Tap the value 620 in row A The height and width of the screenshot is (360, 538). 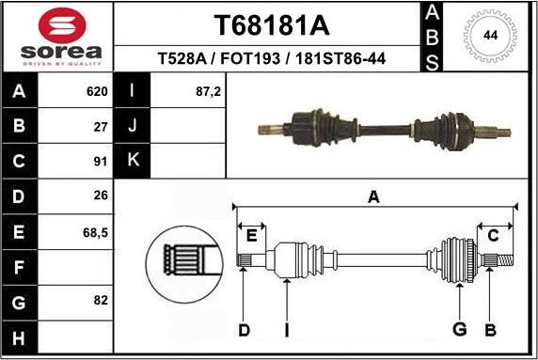96,91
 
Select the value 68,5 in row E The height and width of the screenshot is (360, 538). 94,231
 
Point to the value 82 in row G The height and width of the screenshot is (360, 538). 101,301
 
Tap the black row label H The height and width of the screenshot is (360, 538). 20,336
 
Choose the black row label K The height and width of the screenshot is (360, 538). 133,160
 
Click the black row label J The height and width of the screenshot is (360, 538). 133,125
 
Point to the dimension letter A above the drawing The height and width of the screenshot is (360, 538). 374,196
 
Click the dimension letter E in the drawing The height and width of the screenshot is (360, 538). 250,236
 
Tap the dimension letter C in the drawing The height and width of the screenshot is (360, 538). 493,236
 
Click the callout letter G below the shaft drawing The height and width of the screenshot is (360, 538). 459,329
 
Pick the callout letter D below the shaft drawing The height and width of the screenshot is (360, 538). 244,329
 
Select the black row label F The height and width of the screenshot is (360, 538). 20,266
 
